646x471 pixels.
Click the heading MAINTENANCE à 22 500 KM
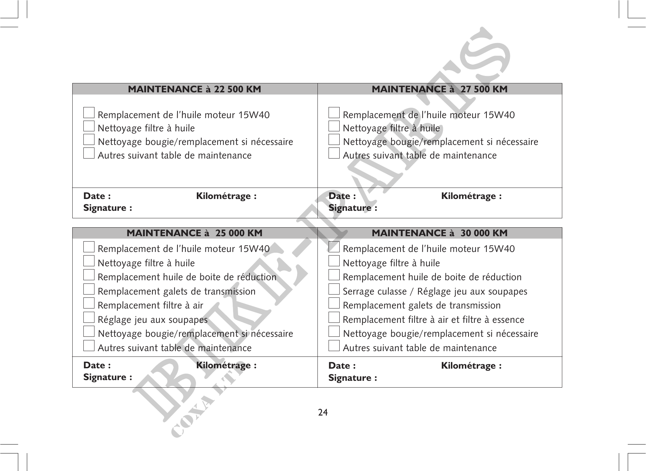click(x=194, y=89)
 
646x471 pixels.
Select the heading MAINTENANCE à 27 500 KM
click(x=439, y=89)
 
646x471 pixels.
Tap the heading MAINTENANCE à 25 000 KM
click(x=194, y=233)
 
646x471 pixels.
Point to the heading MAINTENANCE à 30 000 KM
click(x=439, y=233)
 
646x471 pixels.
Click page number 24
click(x=323, y=413)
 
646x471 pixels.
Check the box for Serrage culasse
click(x=334, y=290)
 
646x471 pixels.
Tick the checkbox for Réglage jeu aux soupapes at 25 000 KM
click(x=89, y=318)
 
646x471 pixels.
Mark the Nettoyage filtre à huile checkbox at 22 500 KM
click(x=89, y=126)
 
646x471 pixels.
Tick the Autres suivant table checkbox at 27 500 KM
click(x=334, y=154)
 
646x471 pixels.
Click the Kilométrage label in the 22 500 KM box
click(x=226, y=196)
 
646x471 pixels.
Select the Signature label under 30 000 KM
click(x=353, y=378)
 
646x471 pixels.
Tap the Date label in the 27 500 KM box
click(x=342, y=196)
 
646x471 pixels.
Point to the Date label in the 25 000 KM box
click(x=97, y=365)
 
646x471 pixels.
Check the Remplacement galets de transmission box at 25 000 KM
click(x=89, y=290)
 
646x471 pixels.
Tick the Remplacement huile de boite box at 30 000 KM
click(x=334, y=275)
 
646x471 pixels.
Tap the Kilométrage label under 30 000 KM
click(x=471, y=365)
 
